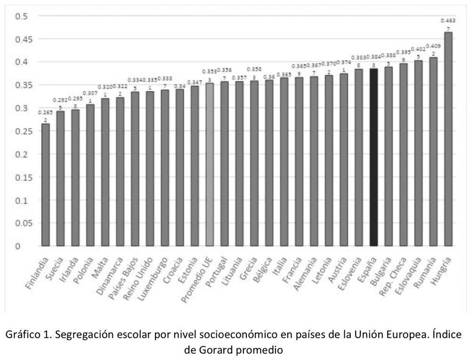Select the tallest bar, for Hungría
coord(448,139)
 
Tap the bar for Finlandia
coord(46,184)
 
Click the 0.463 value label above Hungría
coord(447,21)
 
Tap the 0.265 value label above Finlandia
coord(45,113)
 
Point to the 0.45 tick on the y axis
coord(21,39)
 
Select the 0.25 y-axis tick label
coord(21,131)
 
